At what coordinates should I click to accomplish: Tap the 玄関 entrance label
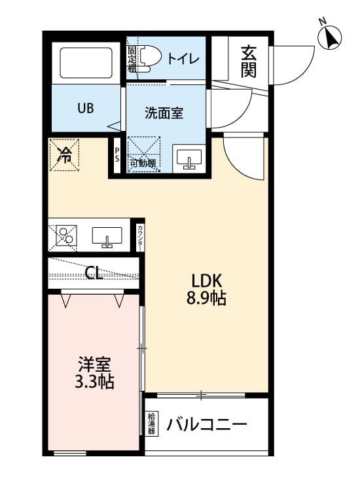tap(248, 60)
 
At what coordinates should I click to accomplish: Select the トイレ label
tap(184, 58)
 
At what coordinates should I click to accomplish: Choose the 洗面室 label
tap(164, 113)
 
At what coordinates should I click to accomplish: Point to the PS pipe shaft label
tap(117, 156)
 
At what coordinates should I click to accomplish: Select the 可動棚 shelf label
tap(142, 164)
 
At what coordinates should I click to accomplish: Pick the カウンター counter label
tap(141, 237)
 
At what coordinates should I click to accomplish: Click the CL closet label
tap(94, 273)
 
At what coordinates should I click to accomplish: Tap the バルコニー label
tap(206, 424)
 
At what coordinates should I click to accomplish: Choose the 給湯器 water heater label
tap(152, 424)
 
